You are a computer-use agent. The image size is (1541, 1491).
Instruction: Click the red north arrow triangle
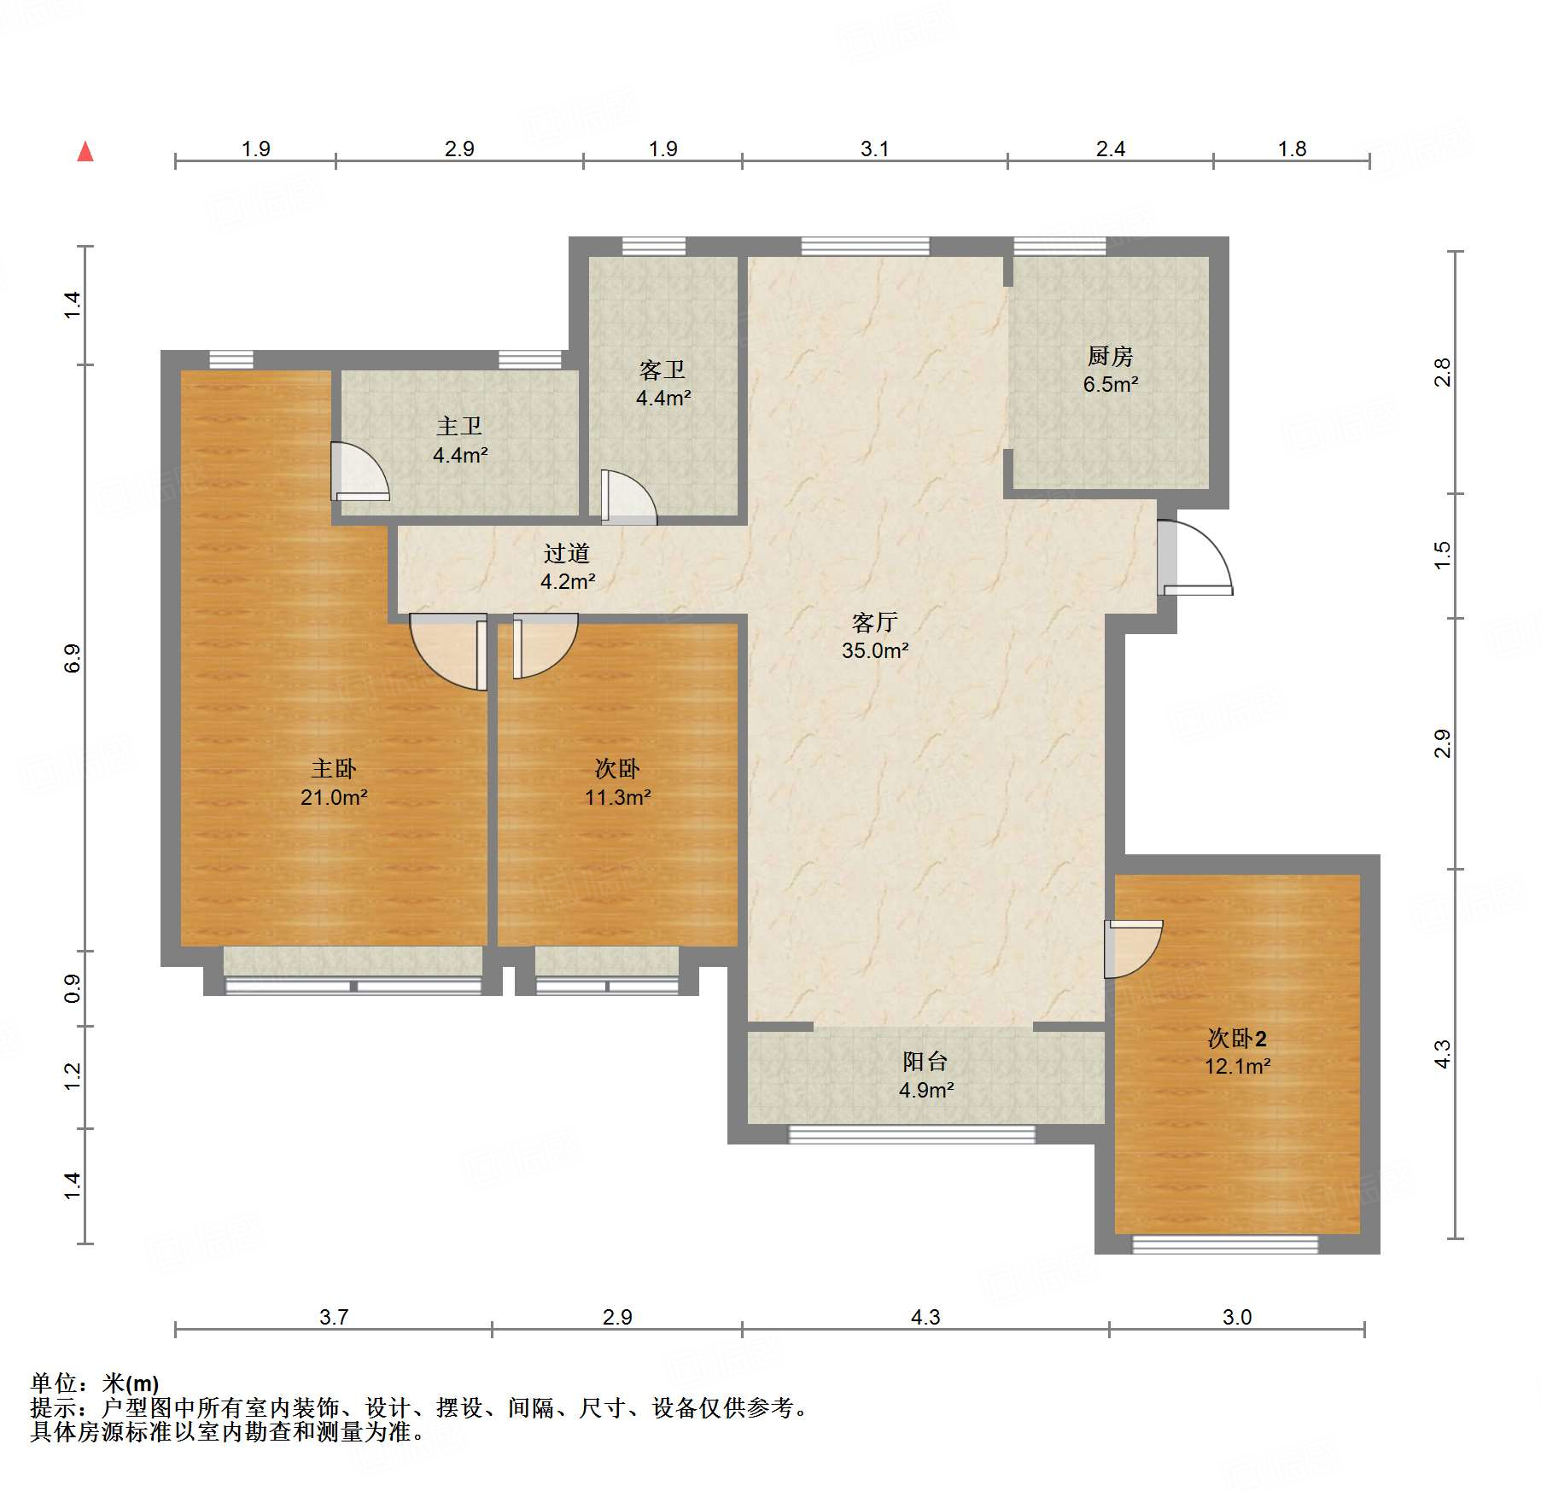tap(85, 152)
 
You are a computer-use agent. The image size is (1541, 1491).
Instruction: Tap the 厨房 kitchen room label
tap(1110, 355)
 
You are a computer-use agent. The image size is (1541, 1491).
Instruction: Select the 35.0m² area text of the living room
tap(875, 650)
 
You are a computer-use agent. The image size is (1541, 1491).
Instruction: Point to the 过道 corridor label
tap(567, 553)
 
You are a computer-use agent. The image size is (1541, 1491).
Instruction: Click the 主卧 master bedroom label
tap(334, 768)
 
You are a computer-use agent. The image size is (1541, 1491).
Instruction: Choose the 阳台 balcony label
tap(925, 1061)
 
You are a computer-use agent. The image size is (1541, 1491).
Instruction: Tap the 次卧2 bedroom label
tap(1237, 1038)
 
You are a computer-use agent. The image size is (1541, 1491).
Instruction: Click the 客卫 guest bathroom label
tap(663, 370)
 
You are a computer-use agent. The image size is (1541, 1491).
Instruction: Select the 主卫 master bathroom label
tap(459, 426)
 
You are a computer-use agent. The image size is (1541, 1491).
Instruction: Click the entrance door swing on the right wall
tap(1195, 557)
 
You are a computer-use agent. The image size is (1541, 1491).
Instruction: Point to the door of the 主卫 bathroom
tap(360, 471)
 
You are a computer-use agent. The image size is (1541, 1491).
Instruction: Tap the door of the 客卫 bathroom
tap(629, 496)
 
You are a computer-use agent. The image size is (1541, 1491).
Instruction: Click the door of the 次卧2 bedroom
tap(1134, 949)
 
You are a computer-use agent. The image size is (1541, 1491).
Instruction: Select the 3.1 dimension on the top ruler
tap(874, 149)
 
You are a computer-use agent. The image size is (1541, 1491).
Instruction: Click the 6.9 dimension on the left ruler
tap(73, 658)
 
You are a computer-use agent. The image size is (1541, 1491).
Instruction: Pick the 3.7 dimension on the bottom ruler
tap(334, 1317)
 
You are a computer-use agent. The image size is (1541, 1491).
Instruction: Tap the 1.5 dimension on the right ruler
tap(1442, 556)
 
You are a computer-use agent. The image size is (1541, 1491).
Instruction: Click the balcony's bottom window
tap(912, 1134)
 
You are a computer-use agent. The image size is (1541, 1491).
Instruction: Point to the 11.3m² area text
tap(618, 797)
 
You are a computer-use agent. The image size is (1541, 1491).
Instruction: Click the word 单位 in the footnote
tap(54, 1383)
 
